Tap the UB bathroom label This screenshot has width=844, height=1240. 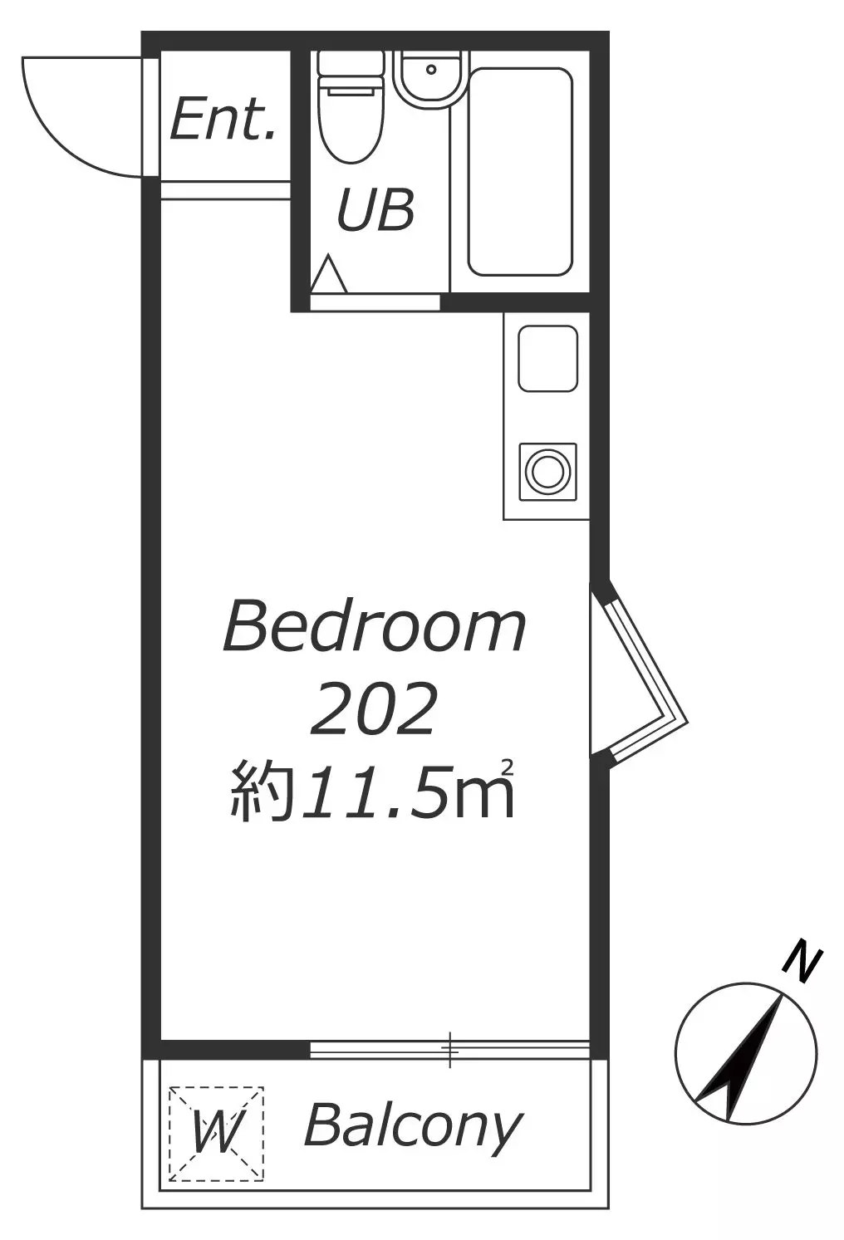click(375, 209)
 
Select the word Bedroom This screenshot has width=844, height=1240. click(375, 627)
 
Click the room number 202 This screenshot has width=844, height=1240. click(371, 709)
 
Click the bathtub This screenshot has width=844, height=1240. click(519, 171)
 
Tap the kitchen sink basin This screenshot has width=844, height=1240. click(547, 359)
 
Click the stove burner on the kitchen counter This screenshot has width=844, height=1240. click(547, 473)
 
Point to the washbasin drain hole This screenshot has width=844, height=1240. click(431, 69)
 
